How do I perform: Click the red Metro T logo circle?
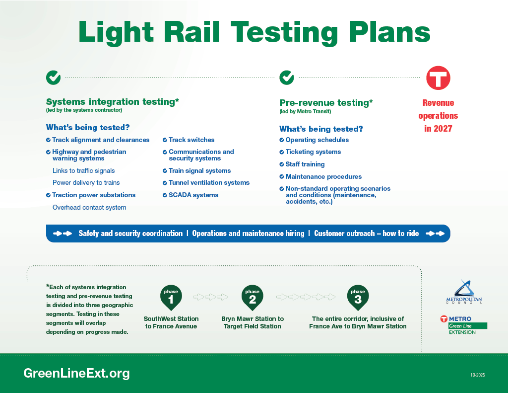(x=438, y=78)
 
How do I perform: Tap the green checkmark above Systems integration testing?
(x=53, y=78)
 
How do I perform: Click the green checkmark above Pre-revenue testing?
(x=287, y=78)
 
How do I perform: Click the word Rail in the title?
(x=192, y=32)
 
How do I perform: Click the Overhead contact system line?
(x=89, y=207)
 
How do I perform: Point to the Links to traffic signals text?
(x=83, y=171)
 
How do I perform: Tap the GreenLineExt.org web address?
(x=76, y=373)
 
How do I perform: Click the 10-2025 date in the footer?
(x=478, y=375)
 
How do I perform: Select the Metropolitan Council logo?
(x=464, y=292)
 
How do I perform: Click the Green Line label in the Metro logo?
(x=460, y=326)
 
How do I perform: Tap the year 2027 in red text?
(x=443, y=129)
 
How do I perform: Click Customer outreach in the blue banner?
(x=344, y=234)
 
